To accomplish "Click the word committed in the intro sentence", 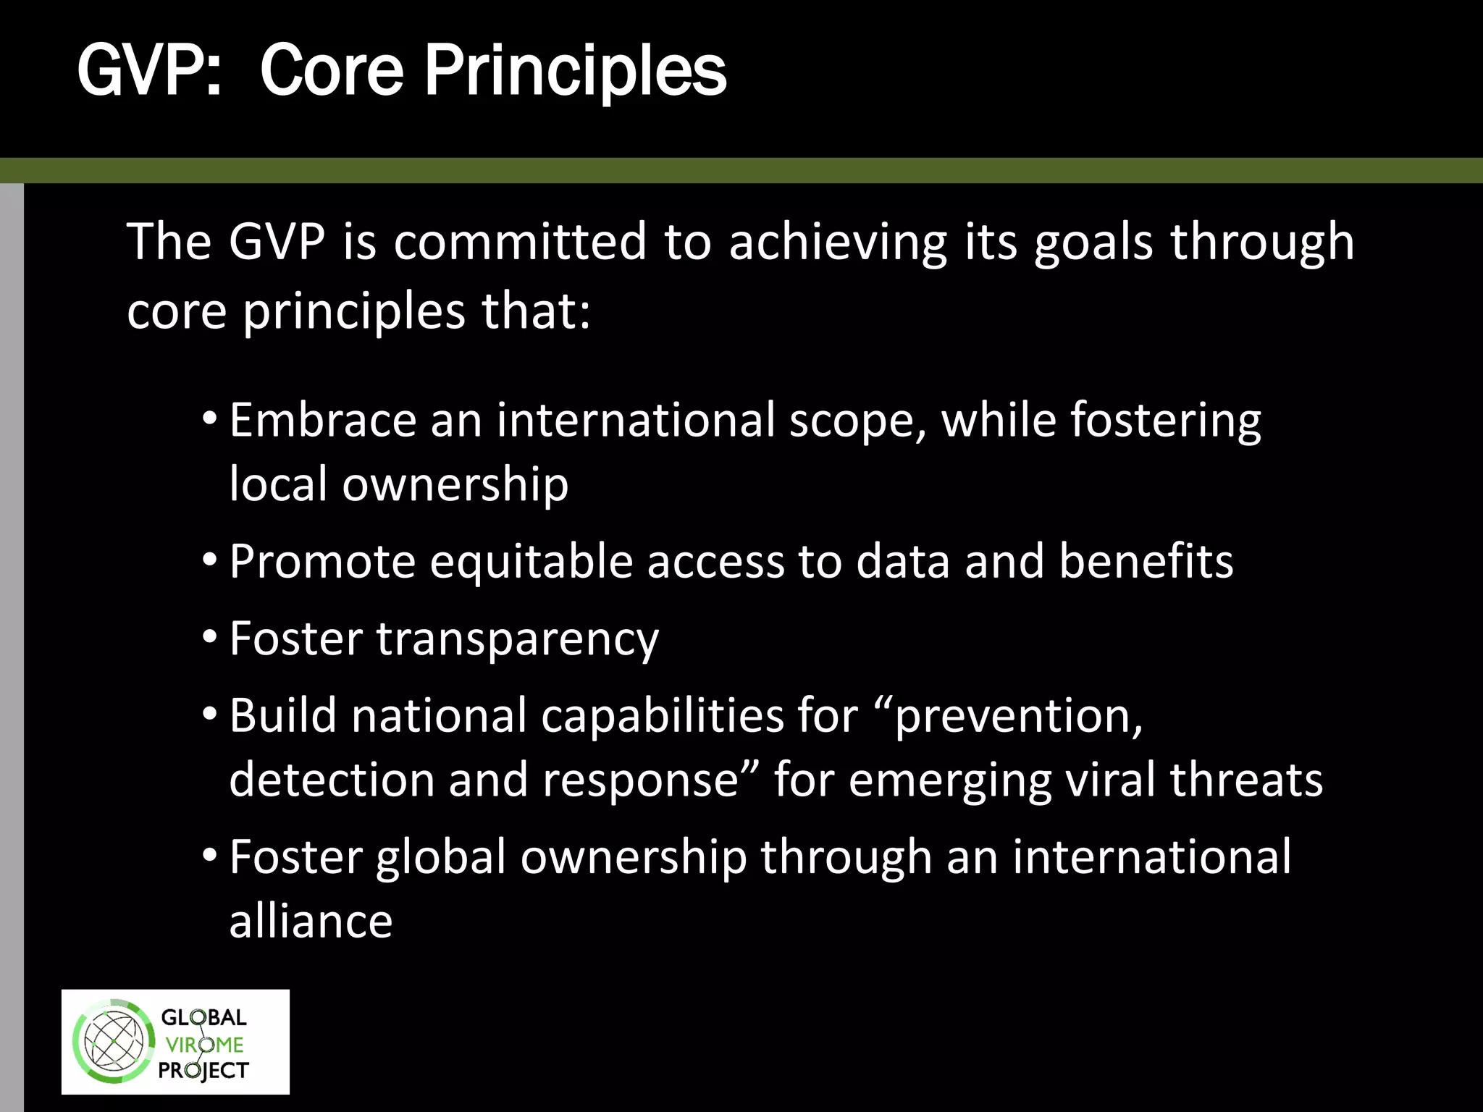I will pos(520,242).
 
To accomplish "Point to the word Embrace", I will pos(322,420).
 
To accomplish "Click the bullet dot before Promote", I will pos(210,560).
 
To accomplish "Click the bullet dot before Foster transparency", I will pos(210,637).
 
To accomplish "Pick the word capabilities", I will pos(662,716).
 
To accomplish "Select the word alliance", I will pos(311,921).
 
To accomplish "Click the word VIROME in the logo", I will pos(204,1045).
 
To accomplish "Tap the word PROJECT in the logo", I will pos(203,1070).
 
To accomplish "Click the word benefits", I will pos(1146,561).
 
